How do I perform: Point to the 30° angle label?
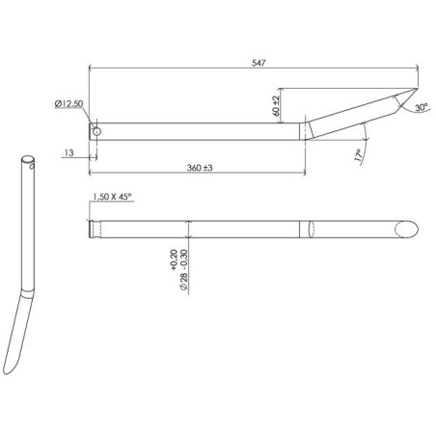(x=422, y=109)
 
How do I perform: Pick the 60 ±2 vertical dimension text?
(x=276, y=103)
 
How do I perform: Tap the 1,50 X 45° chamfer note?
(x=110, y=197)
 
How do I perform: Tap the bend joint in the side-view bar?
(x=304, y=131)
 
